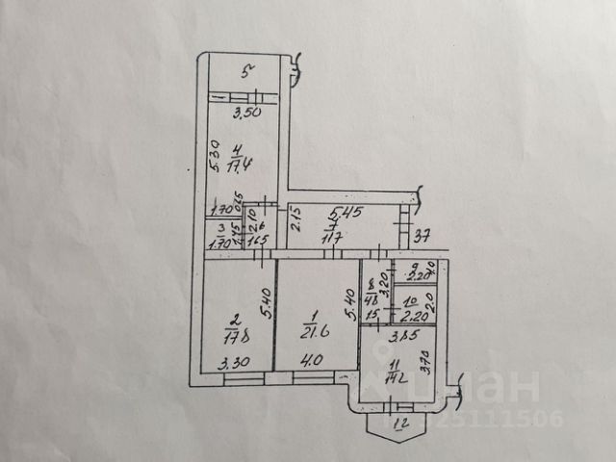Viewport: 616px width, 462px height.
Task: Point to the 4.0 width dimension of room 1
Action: coord(312,362)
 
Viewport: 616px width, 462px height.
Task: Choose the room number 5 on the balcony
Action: coord(246,70)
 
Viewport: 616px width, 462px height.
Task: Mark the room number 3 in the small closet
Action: coord(222,228)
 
